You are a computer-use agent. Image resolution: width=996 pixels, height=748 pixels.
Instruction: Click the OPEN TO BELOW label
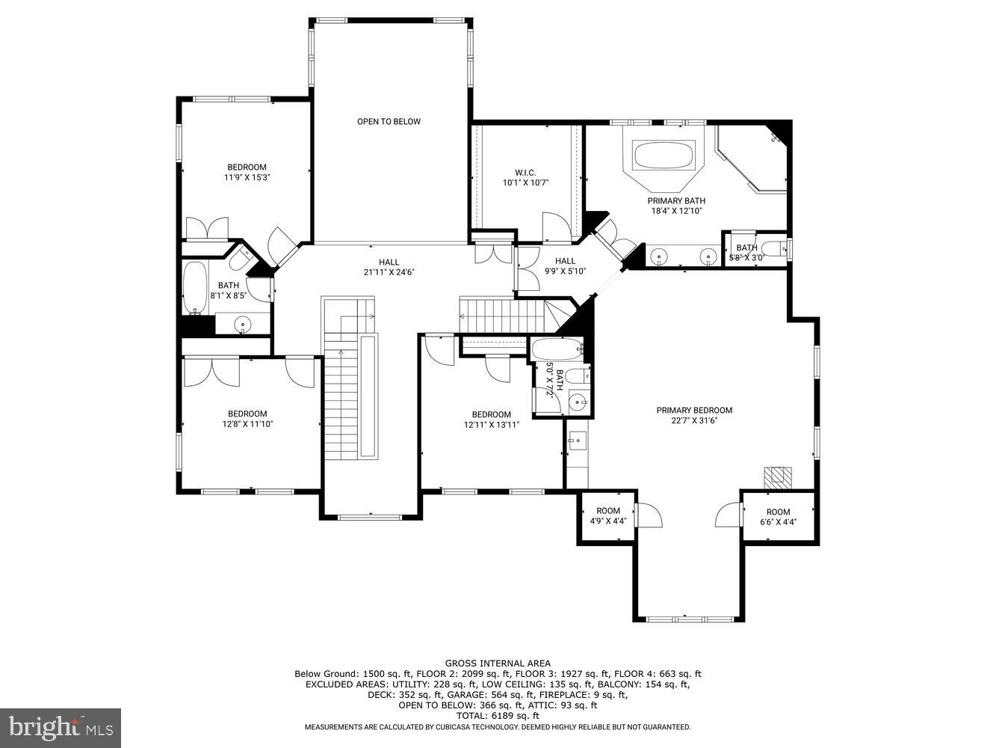click(x=389, y=121)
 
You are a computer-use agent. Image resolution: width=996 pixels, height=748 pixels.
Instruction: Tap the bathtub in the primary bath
click(x=664, y=156)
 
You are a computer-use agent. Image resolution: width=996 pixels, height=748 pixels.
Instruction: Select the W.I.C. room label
click(x=525, y=173)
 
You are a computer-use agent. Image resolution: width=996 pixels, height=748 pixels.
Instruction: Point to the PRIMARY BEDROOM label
click(x=694, y=410)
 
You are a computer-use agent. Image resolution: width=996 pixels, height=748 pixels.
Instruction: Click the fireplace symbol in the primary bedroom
click(x=777, y=476)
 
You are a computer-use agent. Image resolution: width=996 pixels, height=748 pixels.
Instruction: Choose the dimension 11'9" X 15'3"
click(x=247, y=178)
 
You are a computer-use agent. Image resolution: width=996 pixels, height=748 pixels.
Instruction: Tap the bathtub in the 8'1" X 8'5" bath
click(x=195, y=288)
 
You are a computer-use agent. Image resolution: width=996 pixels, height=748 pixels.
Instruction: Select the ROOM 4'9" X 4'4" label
click(x=608, y=516)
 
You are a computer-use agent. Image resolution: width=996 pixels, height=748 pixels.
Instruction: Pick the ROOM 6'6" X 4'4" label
click(x=778, y=517)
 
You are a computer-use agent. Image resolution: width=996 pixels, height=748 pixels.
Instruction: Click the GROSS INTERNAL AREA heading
click(x=498, y=663)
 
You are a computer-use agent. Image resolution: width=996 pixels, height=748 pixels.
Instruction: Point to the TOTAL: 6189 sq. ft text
click(x=498, y=716)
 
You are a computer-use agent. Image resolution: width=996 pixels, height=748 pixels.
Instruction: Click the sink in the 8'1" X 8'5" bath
click(x=242, y=324)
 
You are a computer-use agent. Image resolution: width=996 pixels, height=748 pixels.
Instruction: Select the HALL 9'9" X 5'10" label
click(x=565, y=266)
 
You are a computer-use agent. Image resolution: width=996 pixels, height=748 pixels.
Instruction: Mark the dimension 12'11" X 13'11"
click(x=491, y=425)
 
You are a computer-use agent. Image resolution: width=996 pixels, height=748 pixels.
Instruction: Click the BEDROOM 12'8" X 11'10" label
click(x=247, y=419)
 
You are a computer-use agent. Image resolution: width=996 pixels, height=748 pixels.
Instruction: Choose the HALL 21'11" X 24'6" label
click(x=389, y=267)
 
